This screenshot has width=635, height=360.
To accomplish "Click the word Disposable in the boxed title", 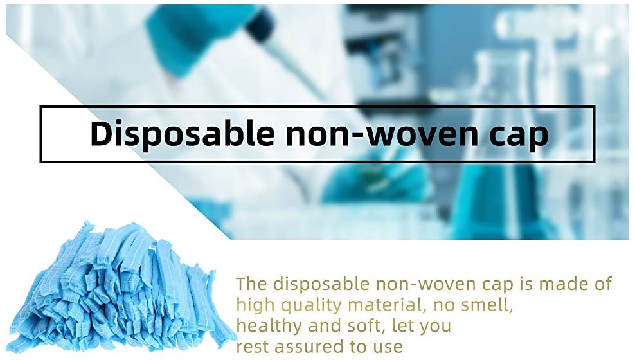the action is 183,134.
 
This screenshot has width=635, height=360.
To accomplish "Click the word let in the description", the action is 400,325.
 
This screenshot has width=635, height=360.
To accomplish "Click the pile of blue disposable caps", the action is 121,287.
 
